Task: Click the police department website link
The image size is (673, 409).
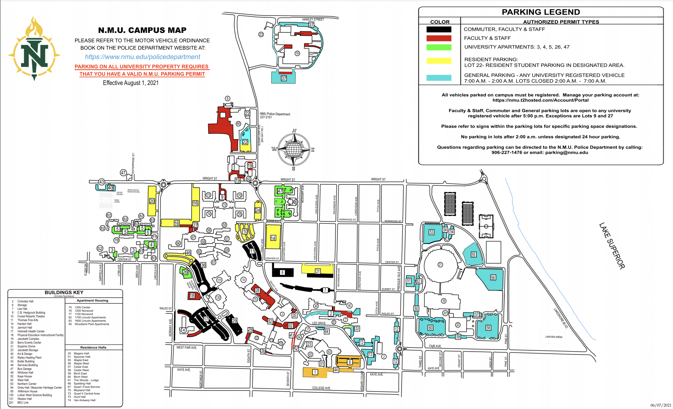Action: tap(142, 57)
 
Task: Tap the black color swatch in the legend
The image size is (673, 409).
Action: tap(439, 29)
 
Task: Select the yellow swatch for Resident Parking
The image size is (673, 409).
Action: tap(439, 61)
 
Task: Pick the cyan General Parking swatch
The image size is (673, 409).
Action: tap(439, 78)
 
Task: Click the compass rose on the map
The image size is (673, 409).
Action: tap(294, 149)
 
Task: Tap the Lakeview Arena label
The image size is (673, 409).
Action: tap(554, 337)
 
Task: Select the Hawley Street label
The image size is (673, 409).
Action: tap(313, 19)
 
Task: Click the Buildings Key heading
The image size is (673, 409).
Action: tap(64, 293)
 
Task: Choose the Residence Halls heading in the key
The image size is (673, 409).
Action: tap(93, 348)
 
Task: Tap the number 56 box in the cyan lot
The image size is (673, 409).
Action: tap(493, 278)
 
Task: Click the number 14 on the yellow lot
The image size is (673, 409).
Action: tap(273, 238)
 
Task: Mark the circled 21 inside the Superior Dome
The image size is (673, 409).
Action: tap(440, 265)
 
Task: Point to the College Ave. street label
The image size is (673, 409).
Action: tap(321, 388)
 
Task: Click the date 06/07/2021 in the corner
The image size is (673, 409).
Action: tap(661, 405)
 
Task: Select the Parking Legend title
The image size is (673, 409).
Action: tap(541, 12)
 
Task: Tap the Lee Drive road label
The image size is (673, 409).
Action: tap(319, 323)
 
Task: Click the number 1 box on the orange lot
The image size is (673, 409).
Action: tap(315, 372)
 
